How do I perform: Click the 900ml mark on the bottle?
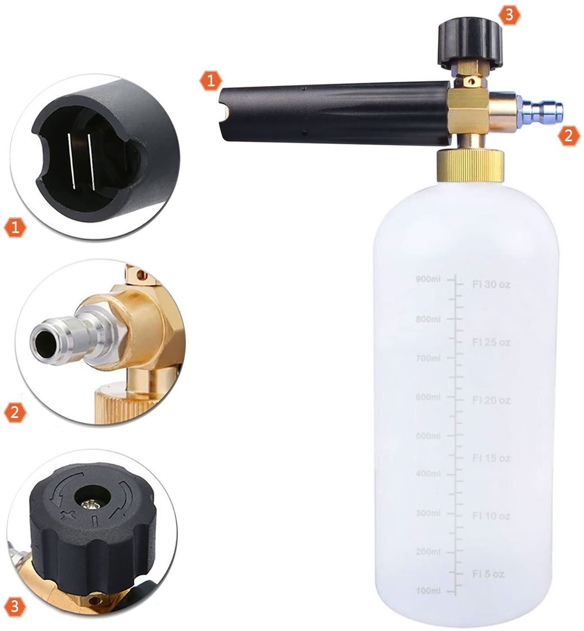click(428, 279)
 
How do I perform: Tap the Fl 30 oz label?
click(491, 284)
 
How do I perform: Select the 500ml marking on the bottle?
click(428, 436)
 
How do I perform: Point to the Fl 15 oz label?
click(491, 458)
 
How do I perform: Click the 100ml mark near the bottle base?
click(428, 591)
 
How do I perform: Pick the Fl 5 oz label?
click(488, 574)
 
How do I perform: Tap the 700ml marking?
click(428, 358)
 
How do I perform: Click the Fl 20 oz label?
click(491, 400)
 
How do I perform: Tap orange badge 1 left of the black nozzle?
click(210, 80)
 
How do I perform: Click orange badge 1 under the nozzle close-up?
click(15, 227)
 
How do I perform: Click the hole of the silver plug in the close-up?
click(43, 341)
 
